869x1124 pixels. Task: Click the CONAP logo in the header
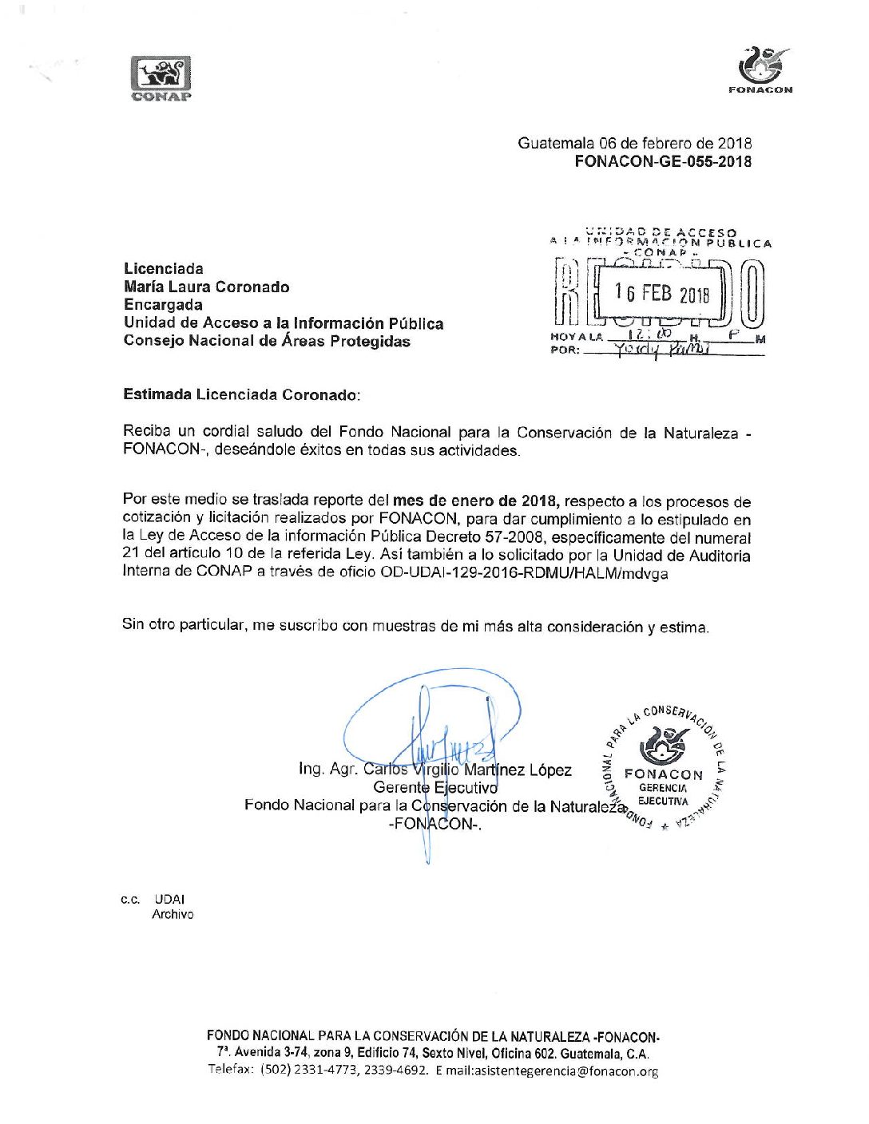click(x=161, y=78)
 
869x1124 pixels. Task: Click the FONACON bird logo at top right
click(x=761, y=67)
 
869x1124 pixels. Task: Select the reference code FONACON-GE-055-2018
click(x=663, y=162)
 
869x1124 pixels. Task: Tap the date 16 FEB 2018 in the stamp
click(x=662, y=293)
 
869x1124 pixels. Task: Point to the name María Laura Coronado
click(x=206, y=287)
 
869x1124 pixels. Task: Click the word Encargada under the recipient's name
click(x=163, y=305)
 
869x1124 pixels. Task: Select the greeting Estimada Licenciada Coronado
click(x=241, y=394)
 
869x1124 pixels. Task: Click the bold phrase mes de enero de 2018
click(x=476, y=501)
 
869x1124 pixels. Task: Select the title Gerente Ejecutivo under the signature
click(x=435, y=788)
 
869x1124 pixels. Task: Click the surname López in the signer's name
click(x=550, y=770)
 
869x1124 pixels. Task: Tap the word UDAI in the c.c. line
click(x=170, y=899)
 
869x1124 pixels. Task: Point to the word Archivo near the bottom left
click(x=173, y=915)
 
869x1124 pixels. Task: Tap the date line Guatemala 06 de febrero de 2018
click(x=634, y=144)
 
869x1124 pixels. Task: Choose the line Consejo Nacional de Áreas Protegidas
click(x=267, y=342)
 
